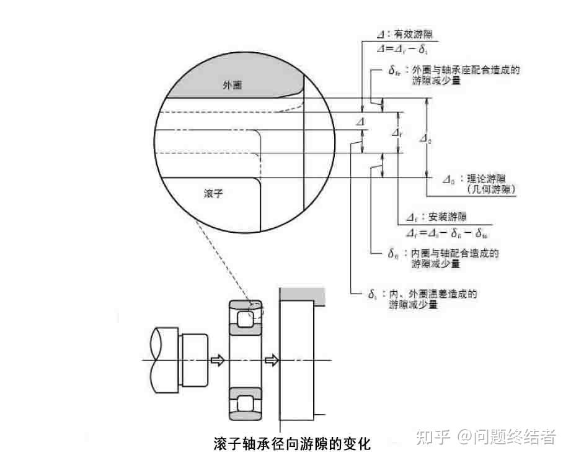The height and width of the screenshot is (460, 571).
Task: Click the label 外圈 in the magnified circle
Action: (231, 86)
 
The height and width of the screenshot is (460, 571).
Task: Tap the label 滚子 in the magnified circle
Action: (213, 194)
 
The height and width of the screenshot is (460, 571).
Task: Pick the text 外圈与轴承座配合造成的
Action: (466, 70)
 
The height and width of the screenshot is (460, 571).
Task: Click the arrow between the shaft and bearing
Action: (218, 361)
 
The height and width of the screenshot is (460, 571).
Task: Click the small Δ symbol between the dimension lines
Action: (360, 123)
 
